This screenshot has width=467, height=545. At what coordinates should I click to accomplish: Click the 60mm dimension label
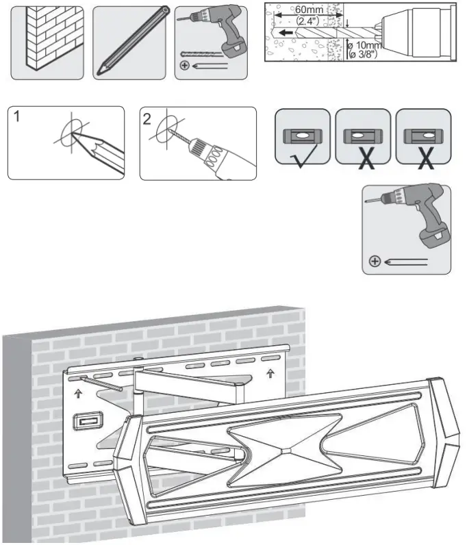pyautogui.click(x=310, y=10)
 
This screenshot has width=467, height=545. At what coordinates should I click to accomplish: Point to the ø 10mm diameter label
pyautogui.click(x=364, y=46)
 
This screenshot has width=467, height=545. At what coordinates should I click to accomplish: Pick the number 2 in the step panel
pyautogui.click(x=147, y=118)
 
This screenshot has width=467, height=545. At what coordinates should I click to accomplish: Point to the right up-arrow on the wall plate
pyautogui.click(x=271, y=374)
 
